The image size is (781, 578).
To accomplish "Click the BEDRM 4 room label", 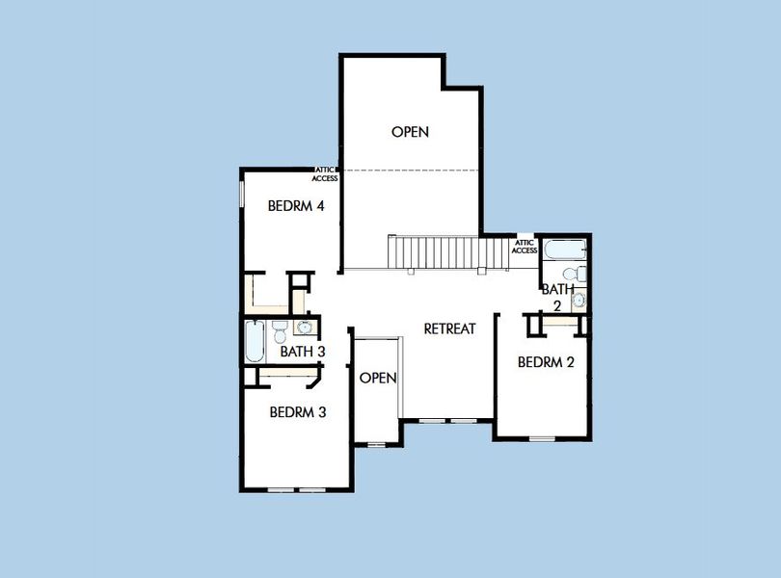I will pyautogui.click(x=295, y=204).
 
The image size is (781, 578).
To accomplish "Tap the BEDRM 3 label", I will pyautogui.click(x=297, y=412).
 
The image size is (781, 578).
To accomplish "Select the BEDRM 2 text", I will pyautogui.click(x=546, y=363).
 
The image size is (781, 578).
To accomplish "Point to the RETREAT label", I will pyautogui.click(x=450, y=328).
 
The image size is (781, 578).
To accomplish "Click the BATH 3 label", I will pyautogui.click(x=302, y=352).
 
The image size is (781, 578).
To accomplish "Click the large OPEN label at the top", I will pyautogui.click(x=410, y=132).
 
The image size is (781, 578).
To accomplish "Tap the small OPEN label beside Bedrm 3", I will pyautogui.click(x=378, y=378).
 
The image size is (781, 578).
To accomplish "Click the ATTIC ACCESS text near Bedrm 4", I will pyautogui.click(x=324, y=174).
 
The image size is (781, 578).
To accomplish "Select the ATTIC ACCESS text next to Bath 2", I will pyautogui.click(x=525, y=247).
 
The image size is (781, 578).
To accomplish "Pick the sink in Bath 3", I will pyautogui.click(x=304, y=327).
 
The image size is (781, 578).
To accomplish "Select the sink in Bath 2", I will pyautogui.click(x=578, y=302).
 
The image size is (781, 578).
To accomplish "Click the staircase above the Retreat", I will pyautogui.click(x=448, y=253).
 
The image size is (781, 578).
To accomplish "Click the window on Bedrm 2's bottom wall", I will pyautogui.click(x=542, y=439).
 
